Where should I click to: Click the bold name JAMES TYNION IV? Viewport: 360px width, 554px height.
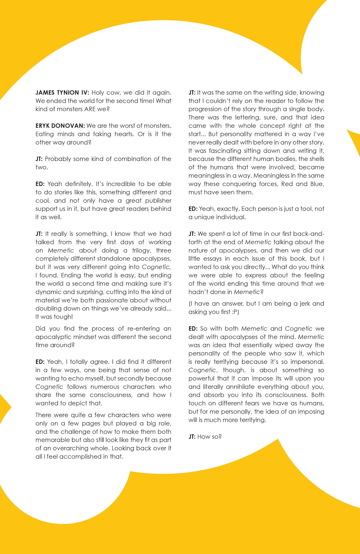(62, 93)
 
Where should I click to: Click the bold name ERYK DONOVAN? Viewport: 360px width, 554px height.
(60, 126)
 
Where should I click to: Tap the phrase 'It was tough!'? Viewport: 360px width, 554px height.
(54, 317)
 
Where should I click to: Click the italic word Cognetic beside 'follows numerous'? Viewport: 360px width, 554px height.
(49, 387)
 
